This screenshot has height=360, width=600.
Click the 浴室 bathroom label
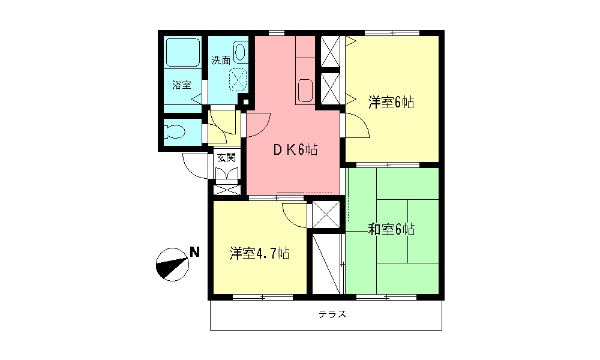(x=181, y=85)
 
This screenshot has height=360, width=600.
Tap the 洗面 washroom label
(x=221, y=61)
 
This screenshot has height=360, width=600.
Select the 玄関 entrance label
(x=227, y=157)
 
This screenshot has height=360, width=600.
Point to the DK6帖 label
(x=295, y=149)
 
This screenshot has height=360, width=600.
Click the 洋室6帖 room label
(x=391, y=103)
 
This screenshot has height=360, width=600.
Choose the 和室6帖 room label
(x=391, y=229)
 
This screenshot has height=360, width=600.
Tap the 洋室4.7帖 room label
(x=259, y=253)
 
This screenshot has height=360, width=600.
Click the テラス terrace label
(x=332, y=314)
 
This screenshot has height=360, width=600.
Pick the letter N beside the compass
(x=195, y=252)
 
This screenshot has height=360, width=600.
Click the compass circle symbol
(x=173, y=265)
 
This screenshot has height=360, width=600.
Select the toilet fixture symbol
(x=175, y=132)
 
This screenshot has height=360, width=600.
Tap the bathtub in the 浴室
(x=182, y=53)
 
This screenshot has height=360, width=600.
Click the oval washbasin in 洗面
(x=239, y=52)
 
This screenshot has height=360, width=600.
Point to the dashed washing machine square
(x=238, y=80)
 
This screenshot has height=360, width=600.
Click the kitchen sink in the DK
(x=305, y=91)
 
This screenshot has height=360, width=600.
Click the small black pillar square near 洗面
(x=245, y=103)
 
